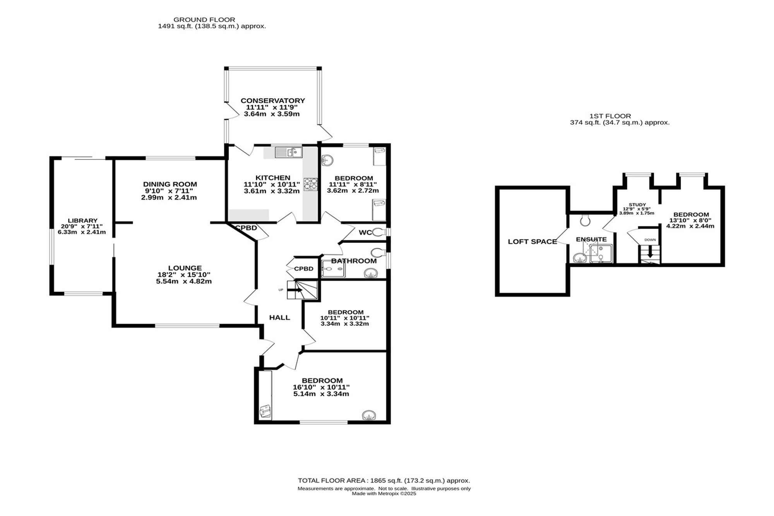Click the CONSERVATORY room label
point(273,101)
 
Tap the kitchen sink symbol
point(289,152)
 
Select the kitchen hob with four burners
point(310,184)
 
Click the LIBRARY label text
point(82,221)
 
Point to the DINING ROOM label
point(170,184)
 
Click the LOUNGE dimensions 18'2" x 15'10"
point(183,274)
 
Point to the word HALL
point(279,318)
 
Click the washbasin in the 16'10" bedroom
point(369,415)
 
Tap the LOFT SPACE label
point(532,242)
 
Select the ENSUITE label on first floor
point(591,239)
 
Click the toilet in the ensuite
point(585,220)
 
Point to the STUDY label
point(637,205)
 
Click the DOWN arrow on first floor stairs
point(650,252)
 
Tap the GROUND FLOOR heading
point(204,19)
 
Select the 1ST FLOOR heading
point(610,116)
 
